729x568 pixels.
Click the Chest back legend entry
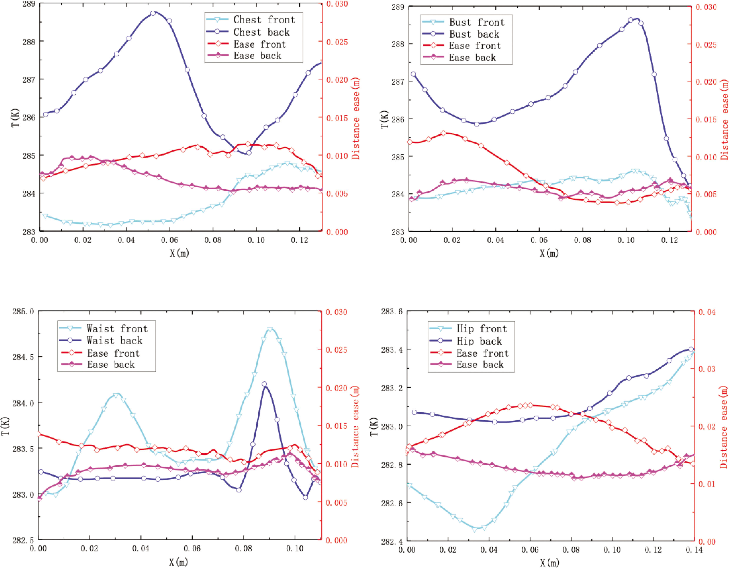(x=261, y=32)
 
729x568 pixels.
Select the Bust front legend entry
(x=476, y=22)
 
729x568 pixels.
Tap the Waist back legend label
(x=114, y=340)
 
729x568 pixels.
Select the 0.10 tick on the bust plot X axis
(x=626, y=240)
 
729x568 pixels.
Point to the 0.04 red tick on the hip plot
(x=707, y=312)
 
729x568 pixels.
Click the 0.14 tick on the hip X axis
(x=694, y=550)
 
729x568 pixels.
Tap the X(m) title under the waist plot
(x=179, y=562)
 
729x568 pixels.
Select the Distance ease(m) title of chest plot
(x=356, y=119)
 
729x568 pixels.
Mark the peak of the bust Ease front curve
(x=444, y=133)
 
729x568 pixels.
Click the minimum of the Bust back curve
(x=477, y=124)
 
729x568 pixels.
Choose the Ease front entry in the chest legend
(x=260, y=44)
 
